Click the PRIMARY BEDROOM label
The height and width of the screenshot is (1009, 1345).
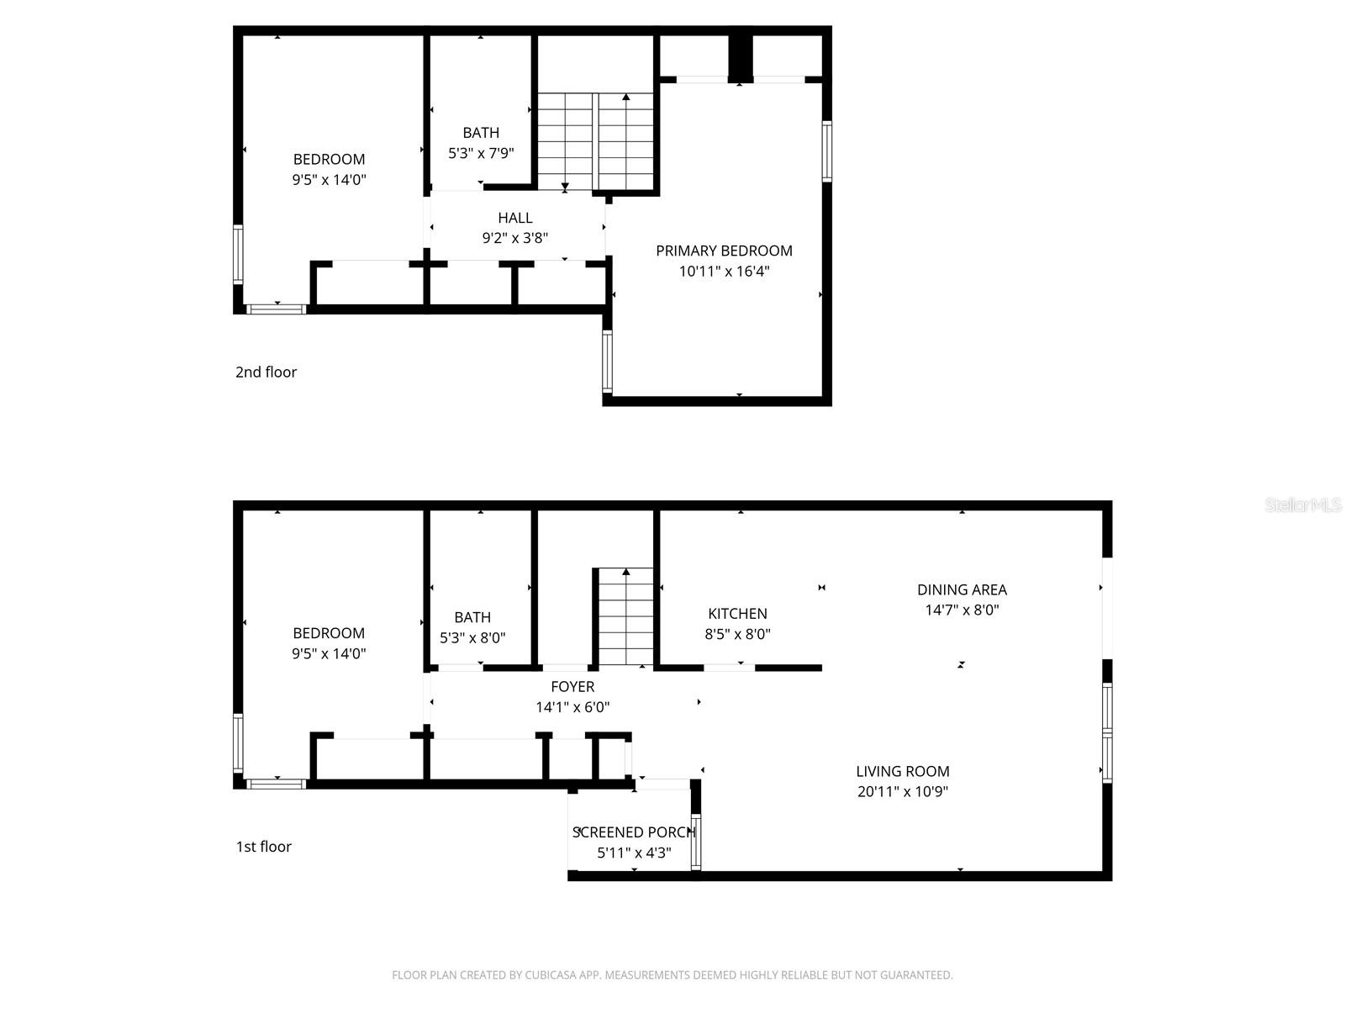click(724, 251)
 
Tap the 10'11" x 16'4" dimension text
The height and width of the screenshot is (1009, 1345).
click(724, 272)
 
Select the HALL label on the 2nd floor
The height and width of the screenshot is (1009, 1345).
click(514, 218)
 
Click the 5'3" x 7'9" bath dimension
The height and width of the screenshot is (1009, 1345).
click(481, 153)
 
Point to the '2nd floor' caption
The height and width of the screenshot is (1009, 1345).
click(266, 372)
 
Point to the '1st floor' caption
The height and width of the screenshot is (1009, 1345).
click(263, 847)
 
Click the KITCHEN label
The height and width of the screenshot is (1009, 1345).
click(737, 614)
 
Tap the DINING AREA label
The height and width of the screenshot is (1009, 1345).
click(962, 589)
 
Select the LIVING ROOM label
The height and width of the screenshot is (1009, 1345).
click(902, 771)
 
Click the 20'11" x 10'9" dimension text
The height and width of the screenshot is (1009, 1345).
click(902, 791)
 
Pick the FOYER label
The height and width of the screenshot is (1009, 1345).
click(572, 687)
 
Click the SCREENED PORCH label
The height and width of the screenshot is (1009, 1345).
click(634, 832)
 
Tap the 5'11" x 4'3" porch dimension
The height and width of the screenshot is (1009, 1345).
click(634, 853)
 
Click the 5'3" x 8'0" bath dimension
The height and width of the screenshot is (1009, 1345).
click(472, 638)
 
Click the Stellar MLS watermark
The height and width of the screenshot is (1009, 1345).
click(1303, 505)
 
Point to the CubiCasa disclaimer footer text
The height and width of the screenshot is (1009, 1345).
click(672, 975)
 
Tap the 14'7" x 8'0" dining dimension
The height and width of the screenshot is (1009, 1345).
click(962, 610)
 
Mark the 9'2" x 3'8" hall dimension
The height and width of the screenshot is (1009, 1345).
click(514, 238)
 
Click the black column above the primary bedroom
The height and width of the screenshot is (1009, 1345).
click(740, 57)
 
